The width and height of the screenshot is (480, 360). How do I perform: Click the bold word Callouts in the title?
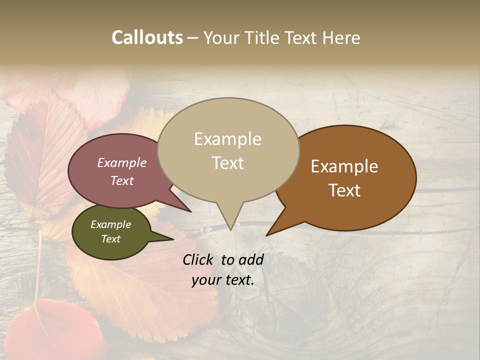pos(147,37)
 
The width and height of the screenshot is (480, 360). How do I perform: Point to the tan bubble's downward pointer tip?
pos(230,229)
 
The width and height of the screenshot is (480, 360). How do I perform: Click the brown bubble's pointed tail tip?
pos(266,235)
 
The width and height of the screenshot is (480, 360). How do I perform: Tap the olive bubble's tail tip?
pos(173,239)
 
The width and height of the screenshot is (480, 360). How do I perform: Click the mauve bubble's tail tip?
pos(190,211)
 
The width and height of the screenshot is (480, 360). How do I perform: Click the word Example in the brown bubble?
pos(344,166)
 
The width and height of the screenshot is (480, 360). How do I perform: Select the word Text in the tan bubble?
pos(228,163)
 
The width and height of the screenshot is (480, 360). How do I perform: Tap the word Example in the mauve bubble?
pos(122,162)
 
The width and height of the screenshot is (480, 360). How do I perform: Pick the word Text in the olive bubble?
pos(111,239)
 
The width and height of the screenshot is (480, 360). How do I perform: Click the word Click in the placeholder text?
pos(198,259)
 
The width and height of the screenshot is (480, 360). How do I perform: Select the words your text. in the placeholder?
pos(223,280)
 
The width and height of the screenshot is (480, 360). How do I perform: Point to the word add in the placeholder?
pos(250,259)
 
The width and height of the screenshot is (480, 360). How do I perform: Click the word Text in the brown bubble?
pos(345,190)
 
